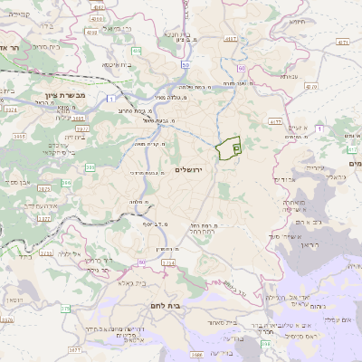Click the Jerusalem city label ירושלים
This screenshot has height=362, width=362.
pos(212,170)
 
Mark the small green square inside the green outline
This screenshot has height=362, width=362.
pos(237,146)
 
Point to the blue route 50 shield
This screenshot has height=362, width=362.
pos(185,65)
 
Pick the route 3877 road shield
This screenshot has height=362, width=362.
pos(74,348)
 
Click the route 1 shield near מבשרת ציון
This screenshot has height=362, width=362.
pos(110,96)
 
